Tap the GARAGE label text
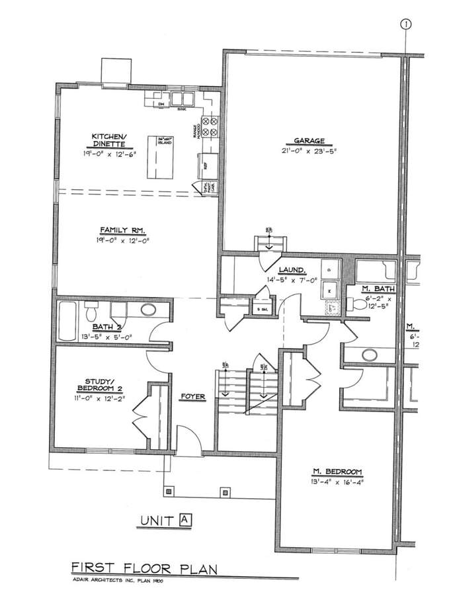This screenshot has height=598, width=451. [x=309, y=141]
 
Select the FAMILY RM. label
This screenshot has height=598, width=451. [x=122, y=230]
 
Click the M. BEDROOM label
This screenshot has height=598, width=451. [x=338, y=472]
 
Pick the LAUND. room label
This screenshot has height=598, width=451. [x=291, y=270]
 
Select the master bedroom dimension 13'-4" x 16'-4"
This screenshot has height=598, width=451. [x=338, y=482]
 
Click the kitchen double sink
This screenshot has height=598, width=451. [x=182, y=99]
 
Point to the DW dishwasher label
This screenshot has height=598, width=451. [x=160, y=105]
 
